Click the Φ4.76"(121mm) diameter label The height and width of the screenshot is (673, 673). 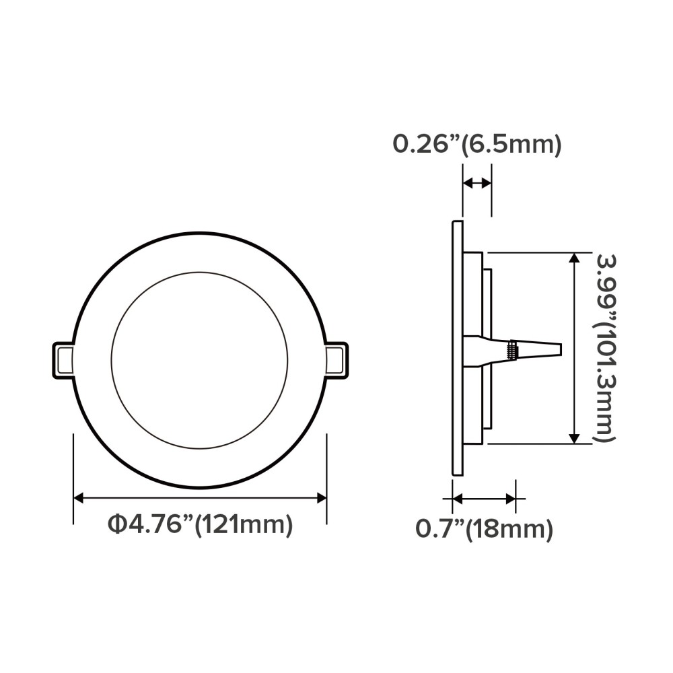pyautogui.click(x=200, y=524)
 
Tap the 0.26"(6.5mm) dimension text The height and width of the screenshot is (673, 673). pyautogui.click(x=476, y=144)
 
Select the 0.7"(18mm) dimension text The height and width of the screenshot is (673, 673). pyautogui.click(x=484, y=530)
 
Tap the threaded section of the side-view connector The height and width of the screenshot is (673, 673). pyautogui.click(x=511, y=350)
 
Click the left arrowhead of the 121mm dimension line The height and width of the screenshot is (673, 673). pyautogui.click(x=78, y=498)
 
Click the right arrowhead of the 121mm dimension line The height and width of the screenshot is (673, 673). pyautogui.click(x=321, y=498)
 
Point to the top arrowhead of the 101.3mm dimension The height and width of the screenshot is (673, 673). pyautogui.click(x=574, y=258)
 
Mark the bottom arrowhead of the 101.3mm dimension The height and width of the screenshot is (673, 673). pyautogui.click(x=574, y=438)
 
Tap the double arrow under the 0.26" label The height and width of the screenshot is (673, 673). pyautogui.click(x=477, y=183)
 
